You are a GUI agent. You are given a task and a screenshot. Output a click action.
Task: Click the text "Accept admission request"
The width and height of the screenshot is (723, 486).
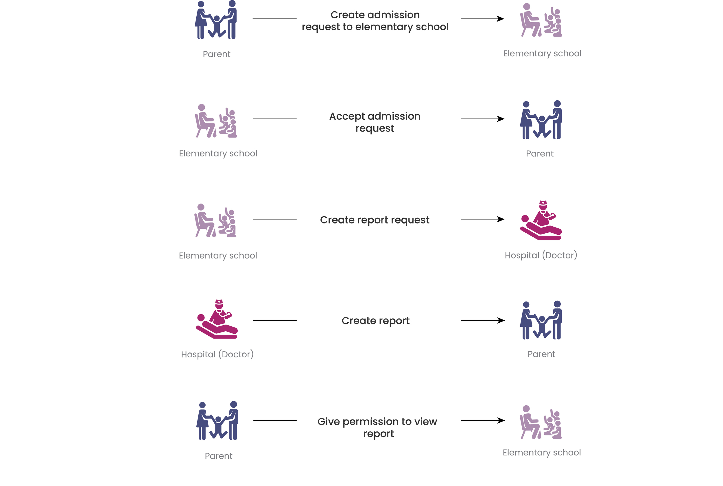[375, 122]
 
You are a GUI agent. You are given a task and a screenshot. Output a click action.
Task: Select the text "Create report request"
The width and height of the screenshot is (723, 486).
[375, 220]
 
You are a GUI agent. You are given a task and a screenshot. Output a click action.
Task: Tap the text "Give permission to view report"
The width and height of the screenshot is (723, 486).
[377, 428]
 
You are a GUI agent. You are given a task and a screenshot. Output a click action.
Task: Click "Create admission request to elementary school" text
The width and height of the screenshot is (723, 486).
[375, 21]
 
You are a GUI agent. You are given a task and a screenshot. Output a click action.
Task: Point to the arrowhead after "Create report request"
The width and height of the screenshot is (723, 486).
[500, 219]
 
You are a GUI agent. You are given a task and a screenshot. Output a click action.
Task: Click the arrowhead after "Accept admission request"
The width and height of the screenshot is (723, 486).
[500, 119]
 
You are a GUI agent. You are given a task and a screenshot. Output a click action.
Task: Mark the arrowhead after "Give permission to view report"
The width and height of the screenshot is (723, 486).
[501, 420]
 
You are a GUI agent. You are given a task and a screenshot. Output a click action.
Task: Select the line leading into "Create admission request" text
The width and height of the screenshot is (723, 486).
[274, 19]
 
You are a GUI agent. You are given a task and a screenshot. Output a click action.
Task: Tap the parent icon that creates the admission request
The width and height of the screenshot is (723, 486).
[216, 20]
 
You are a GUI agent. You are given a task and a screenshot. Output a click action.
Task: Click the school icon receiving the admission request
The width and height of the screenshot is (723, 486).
[541, 20]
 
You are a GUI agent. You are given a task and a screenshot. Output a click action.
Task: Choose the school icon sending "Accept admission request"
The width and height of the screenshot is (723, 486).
[216, 121]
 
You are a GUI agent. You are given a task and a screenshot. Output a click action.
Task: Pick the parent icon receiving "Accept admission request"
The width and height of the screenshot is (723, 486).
[541, 120]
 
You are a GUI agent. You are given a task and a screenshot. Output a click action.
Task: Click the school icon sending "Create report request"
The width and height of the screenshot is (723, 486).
[215, 221]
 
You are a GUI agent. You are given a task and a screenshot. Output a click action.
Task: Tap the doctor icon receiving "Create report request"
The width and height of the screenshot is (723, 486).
[541, 220]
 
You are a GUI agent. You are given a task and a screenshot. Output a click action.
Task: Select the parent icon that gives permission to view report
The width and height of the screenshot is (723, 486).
[217, 421]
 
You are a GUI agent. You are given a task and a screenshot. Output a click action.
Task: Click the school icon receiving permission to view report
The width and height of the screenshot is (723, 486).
[541, 422]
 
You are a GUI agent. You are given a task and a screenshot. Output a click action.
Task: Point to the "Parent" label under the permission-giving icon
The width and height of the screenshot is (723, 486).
[219, 456]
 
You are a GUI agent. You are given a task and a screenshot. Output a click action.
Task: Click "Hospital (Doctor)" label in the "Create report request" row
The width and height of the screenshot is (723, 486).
[541, 255]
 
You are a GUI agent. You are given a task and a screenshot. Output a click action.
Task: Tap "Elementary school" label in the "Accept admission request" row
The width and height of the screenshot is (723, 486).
[218, 154]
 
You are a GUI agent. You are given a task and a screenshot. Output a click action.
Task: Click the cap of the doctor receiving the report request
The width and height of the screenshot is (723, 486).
[543, 203]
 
